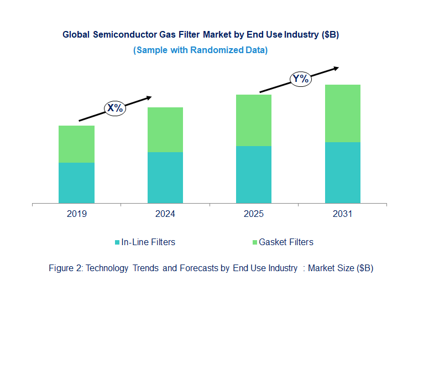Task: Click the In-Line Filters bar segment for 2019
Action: [x=76, y=183]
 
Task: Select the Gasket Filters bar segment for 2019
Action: [x=76, y=144]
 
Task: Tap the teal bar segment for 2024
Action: [x=165, y=178]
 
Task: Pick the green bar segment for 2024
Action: [x=165, y=129]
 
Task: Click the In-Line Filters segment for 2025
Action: [x=254, y=174]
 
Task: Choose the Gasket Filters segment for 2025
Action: [x=254, y=120]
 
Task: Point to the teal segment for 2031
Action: [x=342, y=173]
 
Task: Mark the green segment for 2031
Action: [x=342, y=113]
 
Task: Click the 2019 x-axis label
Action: [x=76, y=214]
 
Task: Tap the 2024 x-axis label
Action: [x=165, y=214]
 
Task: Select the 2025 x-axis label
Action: [x=254, y=214]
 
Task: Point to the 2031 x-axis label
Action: [x=342, y=214]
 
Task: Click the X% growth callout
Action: [x=115, y=108]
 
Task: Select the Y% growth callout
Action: [x=301, y=79]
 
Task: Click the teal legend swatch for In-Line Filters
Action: [x=117, y=242]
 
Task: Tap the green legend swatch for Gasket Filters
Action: [x=254, y=242]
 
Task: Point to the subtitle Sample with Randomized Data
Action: [x=200, y=50]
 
